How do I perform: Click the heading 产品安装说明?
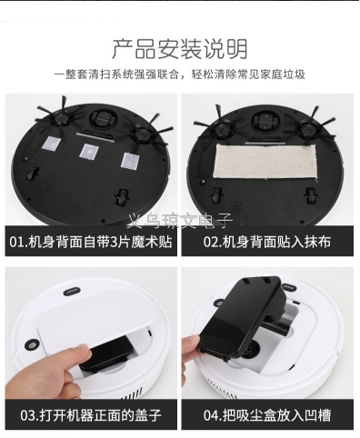coord(180,49)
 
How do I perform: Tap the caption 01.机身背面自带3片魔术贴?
coord(91,242)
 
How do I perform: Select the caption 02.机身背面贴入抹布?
coord(267,242)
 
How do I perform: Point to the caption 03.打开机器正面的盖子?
coord(91,414)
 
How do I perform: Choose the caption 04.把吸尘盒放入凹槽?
coord(267,414)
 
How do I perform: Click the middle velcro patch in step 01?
coord(90,150)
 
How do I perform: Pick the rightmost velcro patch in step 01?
coord(131,160)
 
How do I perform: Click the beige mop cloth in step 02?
coord(265,162)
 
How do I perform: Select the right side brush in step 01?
coord(143,132)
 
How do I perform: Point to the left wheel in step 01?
coord(32,174)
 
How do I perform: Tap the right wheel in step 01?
coord(123,197)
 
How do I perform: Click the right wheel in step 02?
coord(310,196)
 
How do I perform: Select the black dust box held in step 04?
coord(245,315)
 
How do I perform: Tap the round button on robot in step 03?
coord(31,345)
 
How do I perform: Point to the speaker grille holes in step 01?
coord(45,188)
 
